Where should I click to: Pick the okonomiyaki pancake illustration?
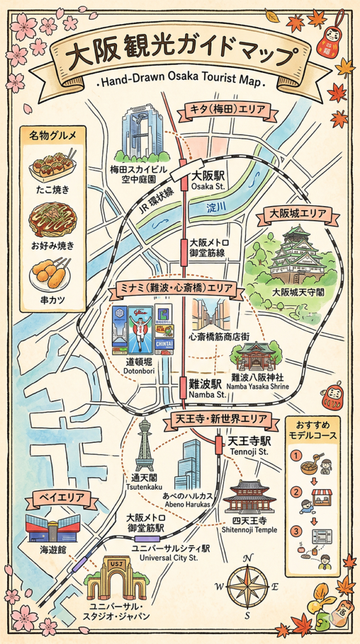pos(53,218)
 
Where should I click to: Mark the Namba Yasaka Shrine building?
pos(256,357)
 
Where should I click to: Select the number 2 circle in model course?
pos(295,491)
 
